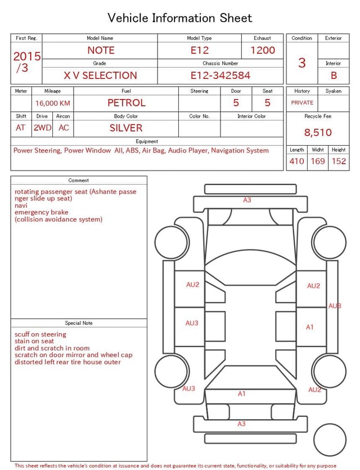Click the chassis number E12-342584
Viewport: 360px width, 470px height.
[x=220, y=75]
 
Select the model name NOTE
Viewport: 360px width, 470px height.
[x=101, y=50]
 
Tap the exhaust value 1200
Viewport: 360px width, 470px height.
[x=263, y=50]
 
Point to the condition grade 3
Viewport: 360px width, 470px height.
[x=302, y=62]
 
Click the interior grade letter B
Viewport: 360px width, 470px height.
[x=334, y=75]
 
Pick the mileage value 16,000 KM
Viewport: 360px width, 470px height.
[x=53, y=104]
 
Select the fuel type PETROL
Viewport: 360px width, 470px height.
[x=127, y=103]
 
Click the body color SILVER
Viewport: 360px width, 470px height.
[x=126, y=128]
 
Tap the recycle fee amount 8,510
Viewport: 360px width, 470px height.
[x=318, y=132]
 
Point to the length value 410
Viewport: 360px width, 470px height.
[x=297, y=161]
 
